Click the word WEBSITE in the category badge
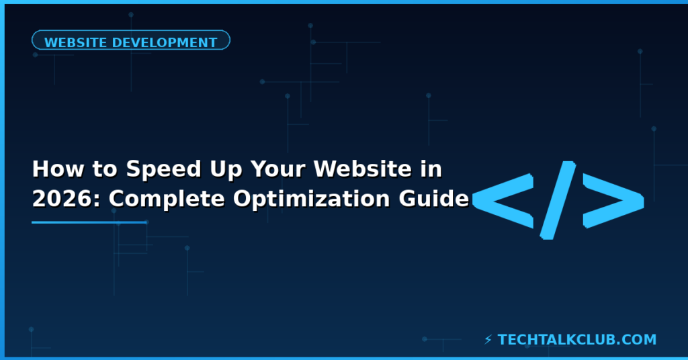75,42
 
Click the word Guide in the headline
439,199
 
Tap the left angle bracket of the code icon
504,199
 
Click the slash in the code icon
558,199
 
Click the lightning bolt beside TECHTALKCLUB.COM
488,340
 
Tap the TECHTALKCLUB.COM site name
577,340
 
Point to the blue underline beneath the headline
89,222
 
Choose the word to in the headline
94,170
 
